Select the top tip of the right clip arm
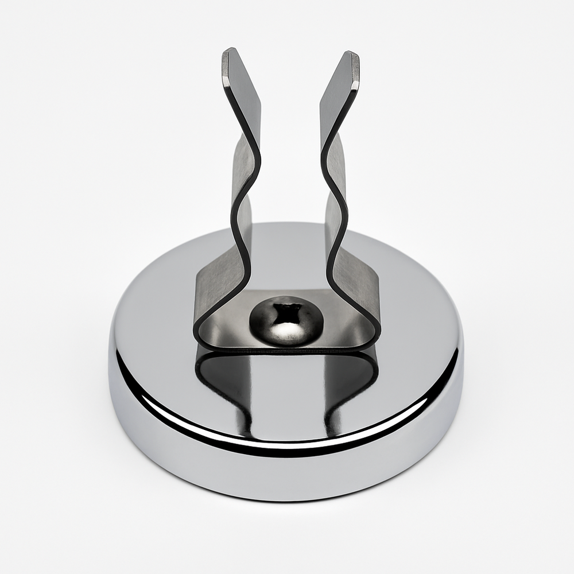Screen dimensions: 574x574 351,55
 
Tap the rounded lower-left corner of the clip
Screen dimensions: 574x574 201,336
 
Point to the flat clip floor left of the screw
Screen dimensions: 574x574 230,330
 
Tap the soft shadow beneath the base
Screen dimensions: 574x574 287,508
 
